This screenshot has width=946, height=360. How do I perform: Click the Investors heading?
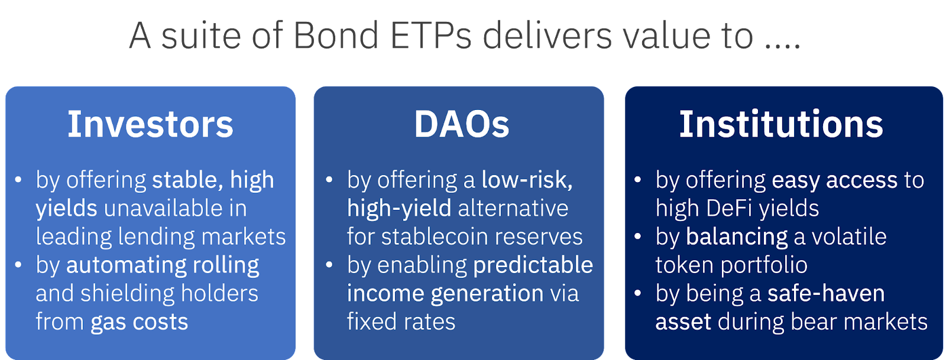pyautogui.click(x=150, y=124)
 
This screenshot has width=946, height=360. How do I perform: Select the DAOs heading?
pyautogui.click(x=462, y=124)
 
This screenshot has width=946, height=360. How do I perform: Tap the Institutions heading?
pyautogui.click(x=781, y=124)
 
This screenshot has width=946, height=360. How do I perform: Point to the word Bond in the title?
pyautogui.click(x=336, y=35)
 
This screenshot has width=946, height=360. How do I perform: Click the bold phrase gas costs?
pyautogui.click(x=140, y=322)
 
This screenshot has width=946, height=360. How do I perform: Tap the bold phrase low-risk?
pyautogui.click(x=527, y=181)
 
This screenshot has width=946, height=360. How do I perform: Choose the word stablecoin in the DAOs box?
pyautogui.click(x=435, y=236)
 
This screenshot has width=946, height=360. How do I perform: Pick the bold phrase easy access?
pyautogui.click(x=834, y=181)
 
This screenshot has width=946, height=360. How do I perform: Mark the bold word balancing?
pyautogui.click(x=737, y=238)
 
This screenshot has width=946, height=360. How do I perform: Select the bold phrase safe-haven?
pyautogui.click(x=826, y=293)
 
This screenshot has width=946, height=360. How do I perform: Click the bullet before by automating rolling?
pyautogui.click(x=18, y=265)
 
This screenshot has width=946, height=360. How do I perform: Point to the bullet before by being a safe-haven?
pyautogui.click(x=638, y=293)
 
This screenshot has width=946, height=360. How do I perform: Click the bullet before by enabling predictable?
pyautogui.click(x=329, y=265)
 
